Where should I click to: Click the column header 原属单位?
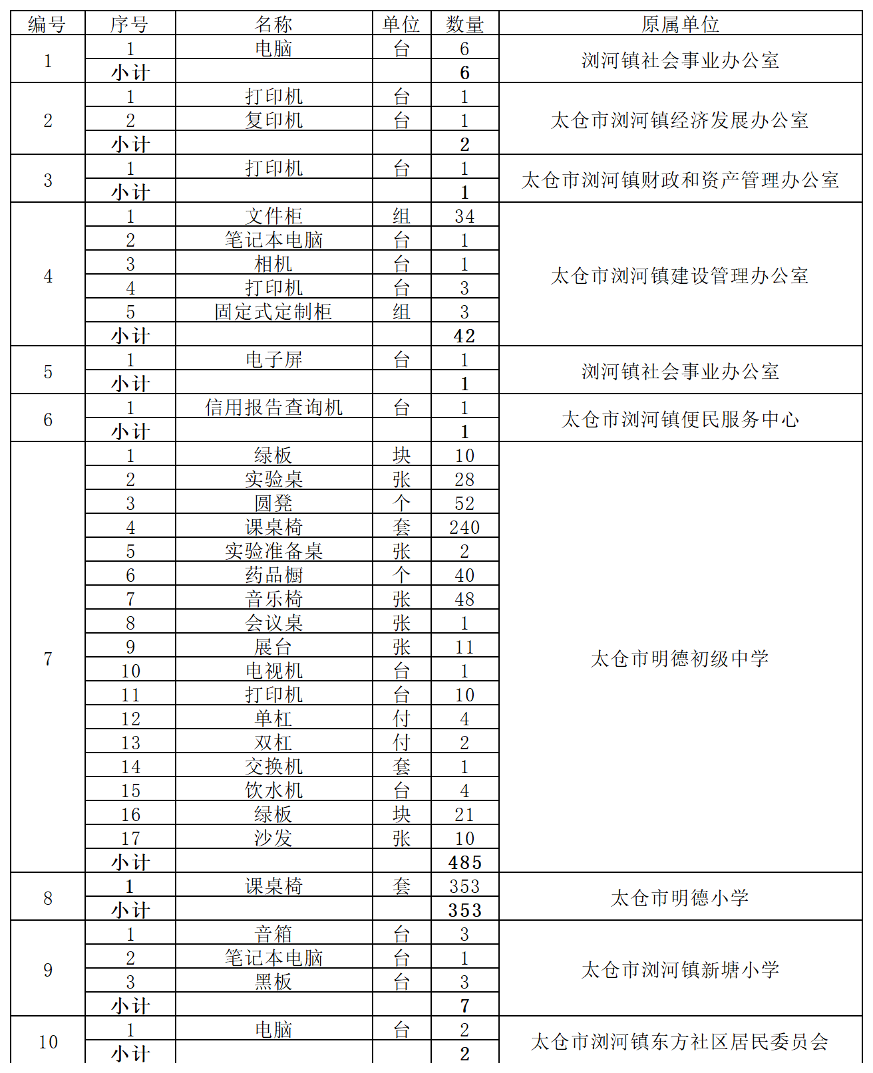point(680,25)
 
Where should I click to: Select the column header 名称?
point(273,25)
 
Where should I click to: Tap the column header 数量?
point(464,25)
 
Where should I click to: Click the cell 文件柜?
point(273,216)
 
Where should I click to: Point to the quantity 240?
point(464,527)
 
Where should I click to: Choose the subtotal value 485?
point(464,862)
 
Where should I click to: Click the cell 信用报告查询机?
point(273,407)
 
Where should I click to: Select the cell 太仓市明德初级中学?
point(680,658)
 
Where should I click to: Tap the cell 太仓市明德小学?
point(680,897)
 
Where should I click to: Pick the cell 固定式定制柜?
point(273,312)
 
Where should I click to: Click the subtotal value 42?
point(464,336)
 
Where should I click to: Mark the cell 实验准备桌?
point(273,551)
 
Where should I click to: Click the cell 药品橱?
point(273,575)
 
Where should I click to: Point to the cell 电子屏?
point(273,360)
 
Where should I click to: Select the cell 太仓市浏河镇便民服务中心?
point(680,419)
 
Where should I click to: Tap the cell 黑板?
point(273,982)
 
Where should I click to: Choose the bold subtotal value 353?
point(464,910)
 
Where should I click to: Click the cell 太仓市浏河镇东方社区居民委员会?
point(680,1041)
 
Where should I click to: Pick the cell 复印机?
point(273,120)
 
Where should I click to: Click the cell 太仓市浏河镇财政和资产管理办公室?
point(680,179)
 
